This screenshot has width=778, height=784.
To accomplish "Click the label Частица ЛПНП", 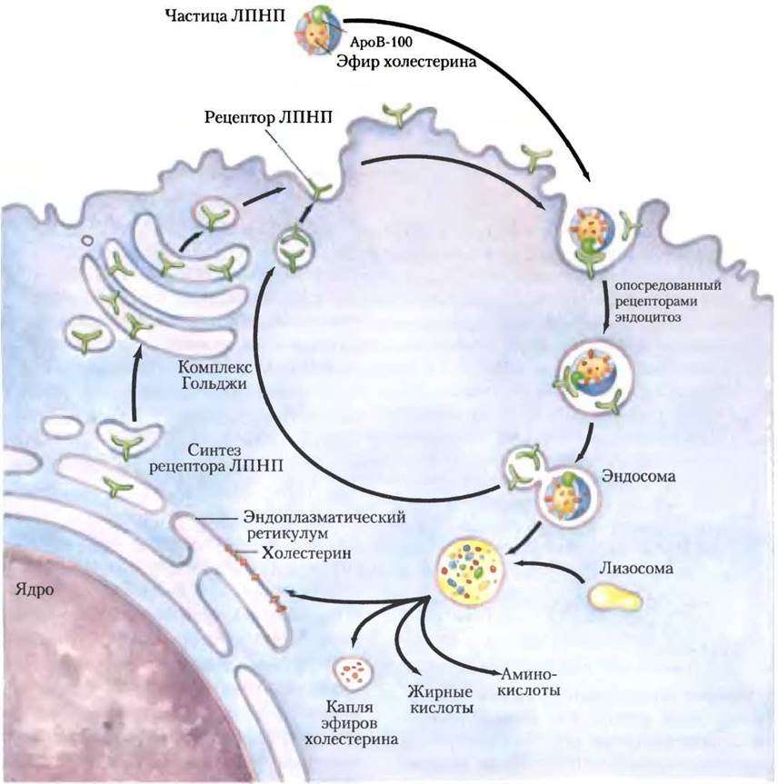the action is point(225,15).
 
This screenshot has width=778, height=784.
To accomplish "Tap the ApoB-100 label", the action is point(381,42).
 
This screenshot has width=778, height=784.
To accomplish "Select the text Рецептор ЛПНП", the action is point(269,117).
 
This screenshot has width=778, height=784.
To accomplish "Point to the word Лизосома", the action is point(636,568).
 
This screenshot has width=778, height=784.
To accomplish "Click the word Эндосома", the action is point(638,475).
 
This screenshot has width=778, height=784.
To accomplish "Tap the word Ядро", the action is point(35,590).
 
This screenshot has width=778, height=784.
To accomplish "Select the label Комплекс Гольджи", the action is point(214,375).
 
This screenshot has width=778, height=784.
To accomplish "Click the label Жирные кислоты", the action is point(441,700).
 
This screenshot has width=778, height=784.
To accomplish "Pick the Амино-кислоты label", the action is point(528,682).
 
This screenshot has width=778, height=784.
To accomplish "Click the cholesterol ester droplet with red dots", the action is point(353,671).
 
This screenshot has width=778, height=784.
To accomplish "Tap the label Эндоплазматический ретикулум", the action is point(326,525).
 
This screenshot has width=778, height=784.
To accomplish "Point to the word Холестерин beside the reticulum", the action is point(306,553).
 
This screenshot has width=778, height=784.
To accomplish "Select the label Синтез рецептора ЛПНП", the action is point(216,458).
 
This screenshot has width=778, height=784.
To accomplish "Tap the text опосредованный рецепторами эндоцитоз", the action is point(668,302).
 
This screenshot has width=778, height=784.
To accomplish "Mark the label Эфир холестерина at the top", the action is point(405,62).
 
